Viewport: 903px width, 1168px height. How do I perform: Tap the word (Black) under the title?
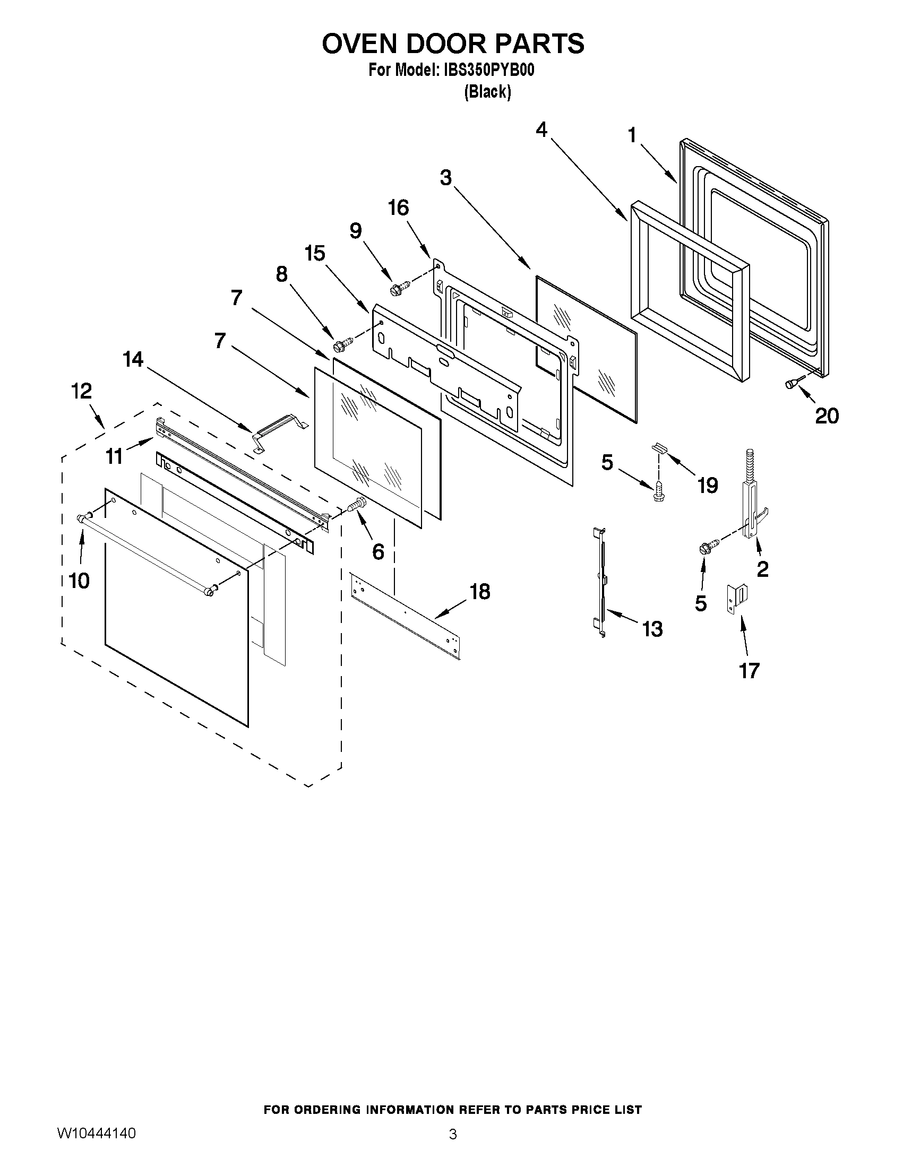coord(487,92)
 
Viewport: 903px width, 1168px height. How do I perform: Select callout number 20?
coord(827,416)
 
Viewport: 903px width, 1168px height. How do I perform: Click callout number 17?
coord(749,670)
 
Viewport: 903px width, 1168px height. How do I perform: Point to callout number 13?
coord(652,629)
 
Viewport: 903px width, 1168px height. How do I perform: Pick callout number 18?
coord(480,592)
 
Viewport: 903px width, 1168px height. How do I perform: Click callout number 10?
coord(79,580)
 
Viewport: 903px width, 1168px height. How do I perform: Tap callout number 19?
coord(707,485)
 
